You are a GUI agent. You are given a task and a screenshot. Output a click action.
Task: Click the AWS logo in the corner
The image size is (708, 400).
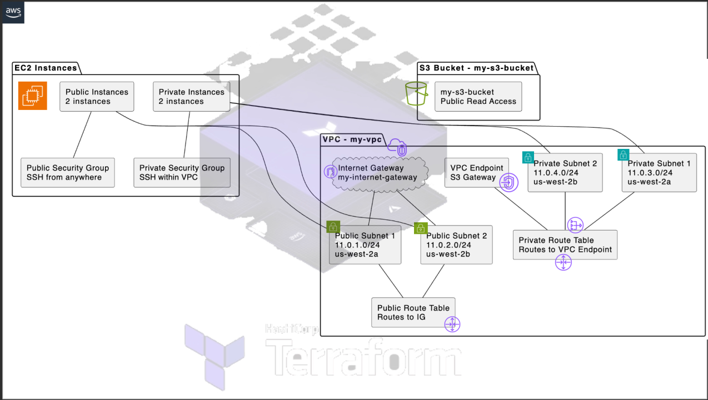point(14,12)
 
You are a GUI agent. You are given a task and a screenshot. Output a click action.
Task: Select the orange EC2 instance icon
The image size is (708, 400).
point(33,96)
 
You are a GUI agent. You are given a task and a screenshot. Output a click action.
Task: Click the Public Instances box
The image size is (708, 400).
point(97,97)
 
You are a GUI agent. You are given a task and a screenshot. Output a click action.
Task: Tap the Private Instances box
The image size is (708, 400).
point(191,97)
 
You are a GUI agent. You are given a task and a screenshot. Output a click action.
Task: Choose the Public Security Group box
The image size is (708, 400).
point(67,173)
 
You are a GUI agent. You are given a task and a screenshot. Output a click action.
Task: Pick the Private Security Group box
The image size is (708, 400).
point(182,173)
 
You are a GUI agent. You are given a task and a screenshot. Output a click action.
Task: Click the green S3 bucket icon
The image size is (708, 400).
point(416,93)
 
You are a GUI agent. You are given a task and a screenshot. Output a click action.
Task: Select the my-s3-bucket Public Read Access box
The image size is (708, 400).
point(478,97)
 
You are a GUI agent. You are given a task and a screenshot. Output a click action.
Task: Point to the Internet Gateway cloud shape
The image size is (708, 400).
point(377,173)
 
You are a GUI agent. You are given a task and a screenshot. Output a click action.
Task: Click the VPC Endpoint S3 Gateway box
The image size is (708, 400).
point(476,173)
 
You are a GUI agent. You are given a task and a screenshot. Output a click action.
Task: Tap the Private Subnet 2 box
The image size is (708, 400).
point(565,173)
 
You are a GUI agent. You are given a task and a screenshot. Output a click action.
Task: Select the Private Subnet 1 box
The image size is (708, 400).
point(659,173)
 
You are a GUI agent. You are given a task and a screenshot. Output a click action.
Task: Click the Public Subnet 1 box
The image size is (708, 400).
point(365,245)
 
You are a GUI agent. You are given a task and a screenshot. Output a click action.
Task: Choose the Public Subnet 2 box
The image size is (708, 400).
point(456,245)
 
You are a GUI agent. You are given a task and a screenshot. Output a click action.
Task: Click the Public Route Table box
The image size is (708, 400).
point(413,312)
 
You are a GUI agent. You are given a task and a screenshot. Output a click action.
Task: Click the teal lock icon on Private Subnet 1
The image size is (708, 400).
point(623,155)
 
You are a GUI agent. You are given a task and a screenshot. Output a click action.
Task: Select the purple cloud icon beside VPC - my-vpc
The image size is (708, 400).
point(398,147)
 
